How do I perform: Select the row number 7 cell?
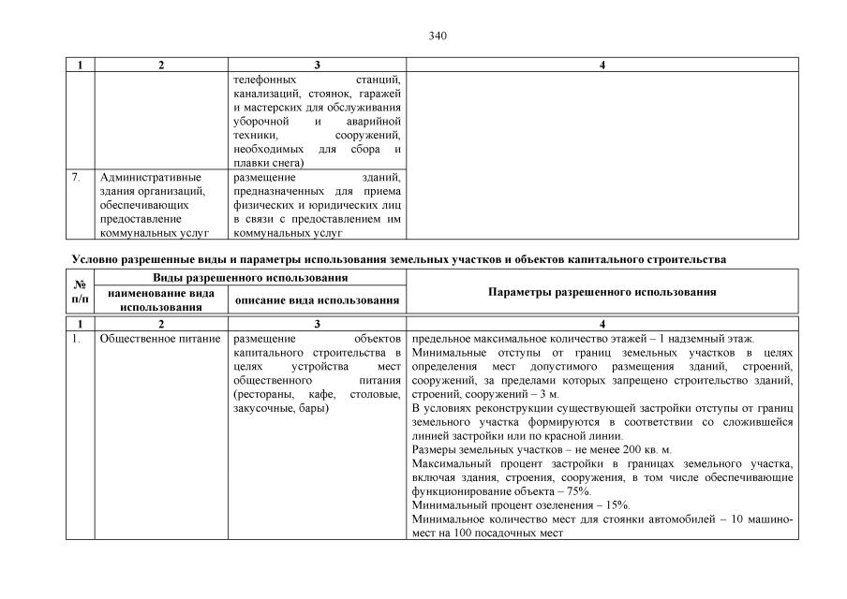tap(81, 178)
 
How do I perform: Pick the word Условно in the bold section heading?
tap(93, 258)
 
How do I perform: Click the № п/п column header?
tap(81, 291)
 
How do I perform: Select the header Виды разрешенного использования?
tap(250, 278)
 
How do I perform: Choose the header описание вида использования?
tap(317, 299)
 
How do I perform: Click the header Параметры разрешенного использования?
tap(602, 292)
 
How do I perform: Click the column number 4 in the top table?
tap(602, 66)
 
